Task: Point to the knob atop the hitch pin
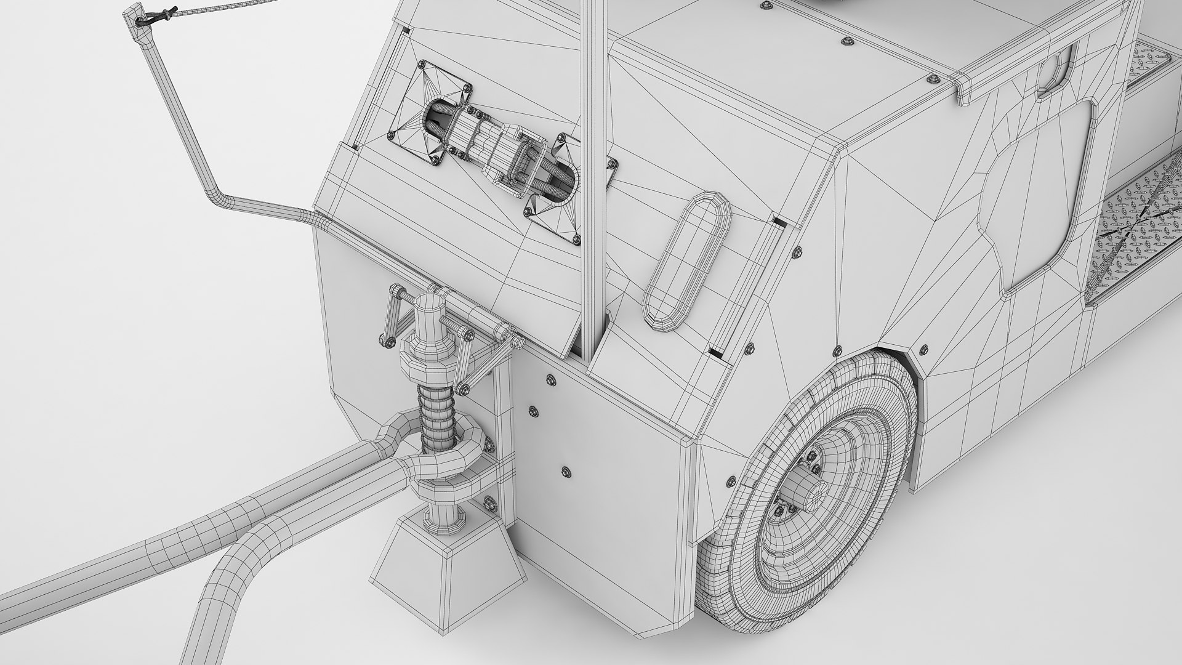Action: coord(426,306)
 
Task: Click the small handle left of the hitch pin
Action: coord(392,314)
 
